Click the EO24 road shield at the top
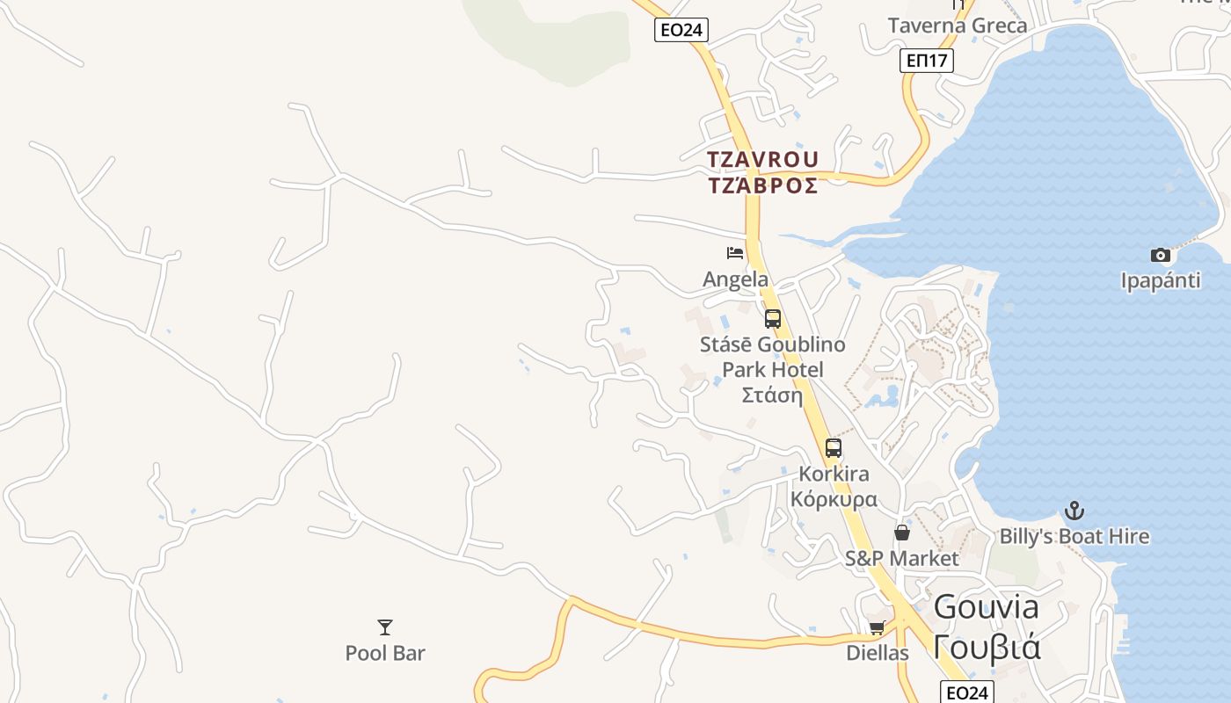[681, 30]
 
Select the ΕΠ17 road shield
[927, 61]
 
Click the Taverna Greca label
[957, 25]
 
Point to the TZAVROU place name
[763, 160]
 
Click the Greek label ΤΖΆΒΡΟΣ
[763, 185]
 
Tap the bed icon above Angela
[735, 253]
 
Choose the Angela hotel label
[735, 279]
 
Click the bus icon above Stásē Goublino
[773, 319]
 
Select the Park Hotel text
[773, 369]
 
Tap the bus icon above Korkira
[834, 448]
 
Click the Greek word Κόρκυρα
[834, 499]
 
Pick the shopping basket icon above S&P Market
[902, 532]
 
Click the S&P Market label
[902, 558]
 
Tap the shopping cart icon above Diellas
[877, 627]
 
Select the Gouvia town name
[986, 606]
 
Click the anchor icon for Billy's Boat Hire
[1074, 511]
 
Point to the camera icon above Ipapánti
[1161, 256]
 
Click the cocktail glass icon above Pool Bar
[385, 627]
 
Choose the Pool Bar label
[385, 653]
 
